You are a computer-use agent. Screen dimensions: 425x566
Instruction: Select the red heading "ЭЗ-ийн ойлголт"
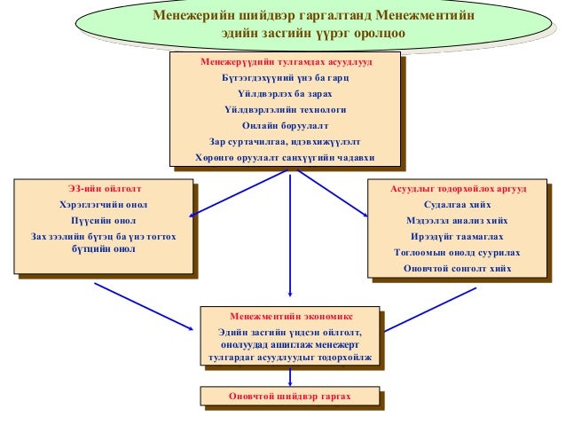pyautogui.click(x=105, y=189)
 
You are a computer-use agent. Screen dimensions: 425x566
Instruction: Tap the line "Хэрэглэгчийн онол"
pyautogui.click(x=105, y=204)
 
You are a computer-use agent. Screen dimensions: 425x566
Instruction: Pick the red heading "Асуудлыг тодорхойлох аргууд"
pyautogui.click(x=458, y=189)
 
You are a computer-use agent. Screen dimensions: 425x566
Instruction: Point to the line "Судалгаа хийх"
pyautogui.click(x=458, y=204)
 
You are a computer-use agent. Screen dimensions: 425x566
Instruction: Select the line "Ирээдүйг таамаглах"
pyautogui.click(x=458, y=236)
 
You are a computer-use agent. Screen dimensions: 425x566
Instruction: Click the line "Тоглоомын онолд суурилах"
pyautogui.click(x=458, y=252)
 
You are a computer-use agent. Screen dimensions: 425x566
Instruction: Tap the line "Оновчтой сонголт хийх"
pyautogui.click(x=458, y=267)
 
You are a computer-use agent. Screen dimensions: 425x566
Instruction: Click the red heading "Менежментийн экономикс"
pyautogui.click(x=290, y=316)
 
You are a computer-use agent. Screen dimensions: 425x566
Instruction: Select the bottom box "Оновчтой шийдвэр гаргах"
pyautogui.click(x=290, y=396)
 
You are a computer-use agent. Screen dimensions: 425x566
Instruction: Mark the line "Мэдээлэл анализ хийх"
pyautogui.click(x=458, y=220)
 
